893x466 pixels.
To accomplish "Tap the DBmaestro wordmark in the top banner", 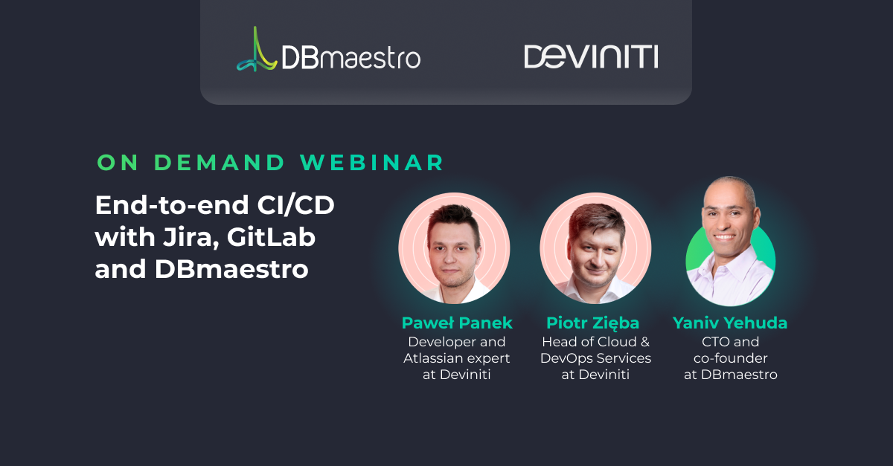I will [351, 58].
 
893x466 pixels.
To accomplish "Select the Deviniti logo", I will [591, 57].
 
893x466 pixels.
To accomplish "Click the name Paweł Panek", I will [457, 323].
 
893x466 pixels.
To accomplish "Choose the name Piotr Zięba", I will [593, 323].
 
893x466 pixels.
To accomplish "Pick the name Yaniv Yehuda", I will [730, 323].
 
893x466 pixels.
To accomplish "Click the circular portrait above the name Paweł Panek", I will [454, 247].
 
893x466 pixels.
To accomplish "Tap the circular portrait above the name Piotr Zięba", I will [595, 247].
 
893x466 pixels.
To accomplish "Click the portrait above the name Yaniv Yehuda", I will [730, 242].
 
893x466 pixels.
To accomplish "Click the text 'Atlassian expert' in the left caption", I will [457, 358].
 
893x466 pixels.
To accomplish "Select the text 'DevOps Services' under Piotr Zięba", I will [595, 358].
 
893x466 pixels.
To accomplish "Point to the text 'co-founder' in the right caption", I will [730, 358].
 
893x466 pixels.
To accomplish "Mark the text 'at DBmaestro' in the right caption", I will [730, 375].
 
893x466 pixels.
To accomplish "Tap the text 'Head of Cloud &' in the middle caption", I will [595, 342].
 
